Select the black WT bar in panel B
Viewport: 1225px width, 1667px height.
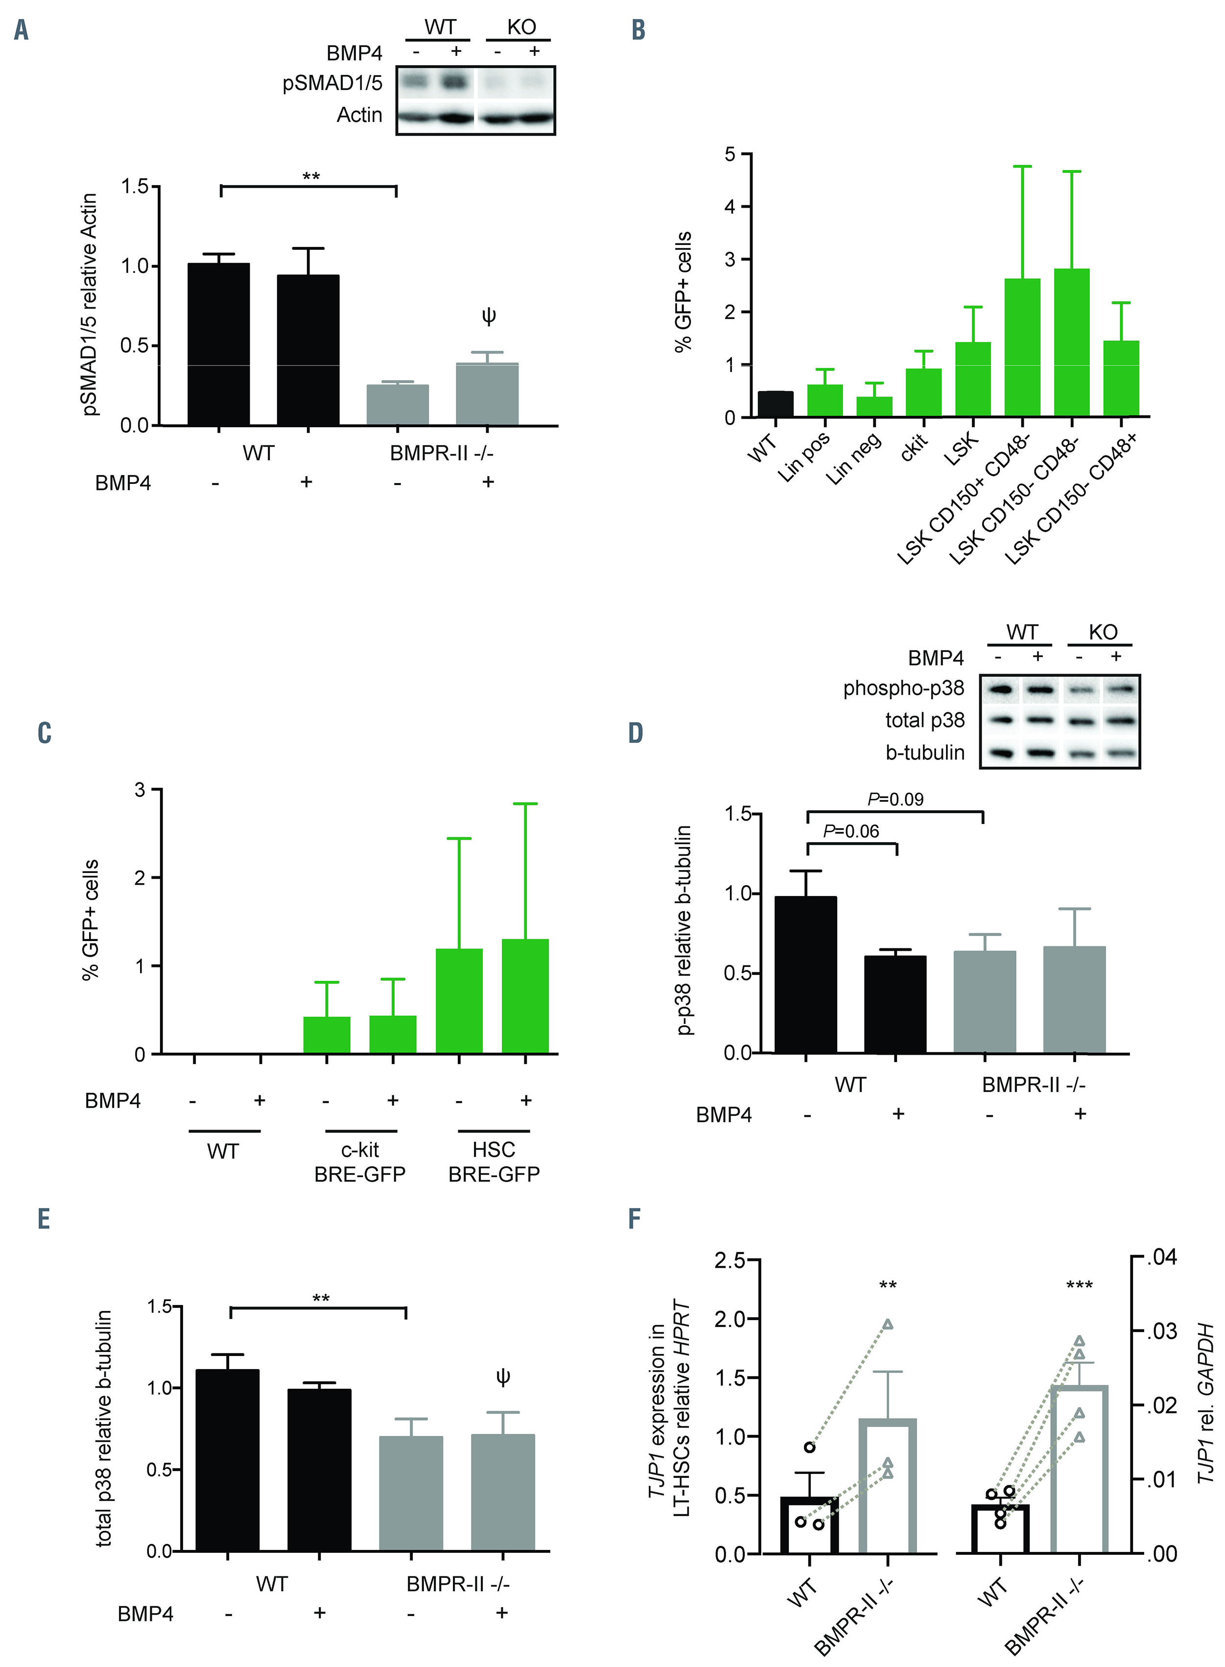[775, 404]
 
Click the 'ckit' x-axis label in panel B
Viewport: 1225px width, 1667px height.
[914, 447]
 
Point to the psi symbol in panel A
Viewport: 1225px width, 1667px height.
[488, 317]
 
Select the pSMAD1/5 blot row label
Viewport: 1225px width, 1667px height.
[332, 83]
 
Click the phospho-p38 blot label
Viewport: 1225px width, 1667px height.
[903, 688]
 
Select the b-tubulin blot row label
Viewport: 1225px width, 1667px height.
[925, 752]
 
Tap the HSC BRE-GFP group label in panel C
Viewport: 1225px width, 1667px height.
[494, 1162]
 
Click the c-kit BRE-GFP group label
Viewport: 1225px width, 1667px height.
[360, 1162]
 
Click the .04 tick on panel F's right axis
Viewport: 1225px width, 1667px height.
[1162, 1257]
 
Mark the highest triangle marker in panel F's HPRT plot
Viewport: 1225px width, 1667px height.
[888, 1324]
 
